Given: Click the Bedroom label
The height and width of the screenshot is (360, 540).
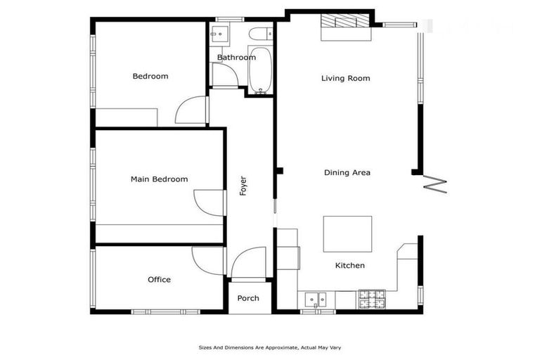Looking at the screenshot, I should (150, 76).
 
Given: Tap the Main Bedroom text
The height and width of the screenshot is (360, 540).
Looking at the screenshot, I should (160, 179).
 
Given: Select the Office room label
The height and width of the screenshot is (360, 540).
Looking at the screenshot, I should (159, 280).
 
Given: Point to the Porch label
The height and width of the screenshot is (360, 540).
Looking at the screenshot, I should (248, 298).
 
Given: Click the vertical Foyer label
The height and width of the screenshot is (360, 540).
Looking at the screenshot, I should (243, 185).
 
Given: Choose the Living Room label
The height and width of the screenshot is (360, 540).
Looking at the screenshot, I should (345, 78).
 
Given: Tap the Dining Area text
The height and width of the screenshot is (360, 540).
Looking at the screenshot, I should (347, 172).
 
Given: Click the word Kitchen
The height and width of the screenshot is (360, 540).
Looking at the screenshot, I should (349, 265).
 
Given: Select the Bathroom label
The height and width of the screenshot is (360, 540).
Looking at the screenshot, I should (236, 58).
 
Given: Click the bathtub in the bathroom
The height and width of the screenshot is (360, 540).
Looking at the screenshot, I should (260, 70).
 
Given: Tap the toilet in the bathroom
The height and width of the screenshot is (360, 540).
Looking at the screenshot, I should (259, 32).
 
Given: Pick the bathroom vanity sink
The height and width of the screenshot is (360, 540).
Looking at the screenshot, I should (218, 33).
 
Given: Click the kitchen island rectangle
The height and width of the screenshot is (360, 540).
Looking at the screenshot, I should (347, 233).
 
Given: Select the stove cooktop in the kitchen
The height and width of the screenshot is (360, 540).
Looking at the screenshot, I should (373, 300).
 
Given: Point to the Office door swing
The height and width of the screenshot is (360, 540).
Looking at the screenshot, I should (207, 260).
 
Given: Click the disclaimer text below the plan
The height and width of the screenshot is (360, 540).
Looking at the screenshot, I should (270, 347).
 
